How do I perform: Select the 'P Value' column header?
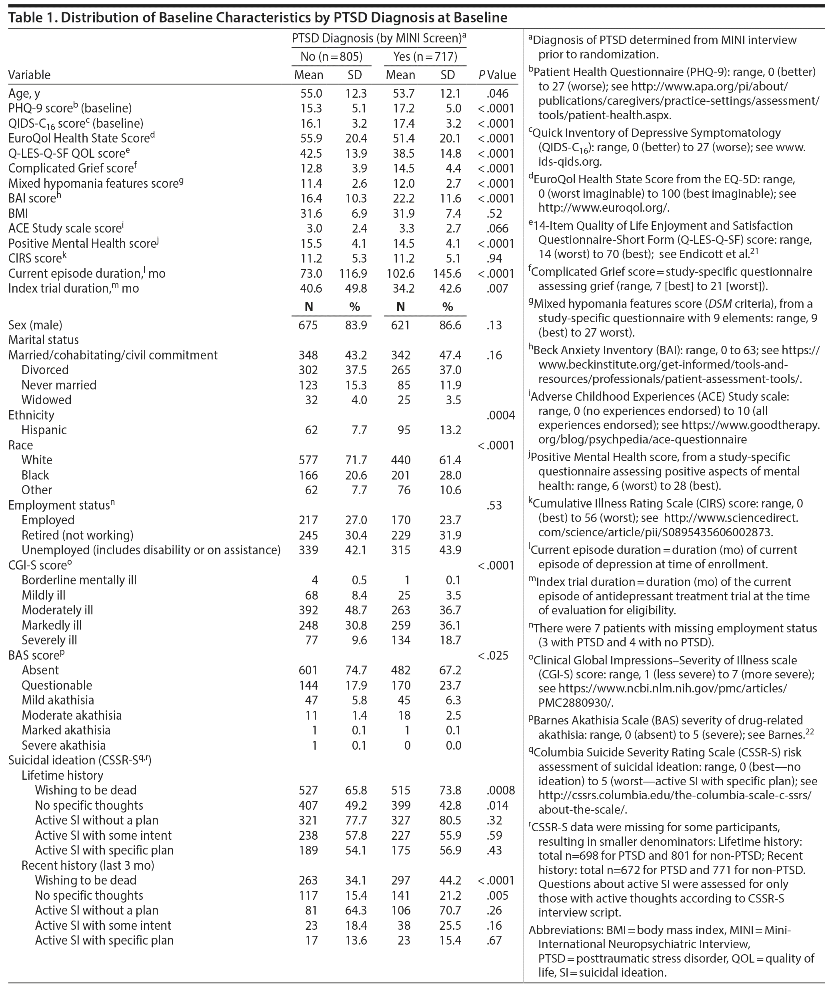pos(497,75)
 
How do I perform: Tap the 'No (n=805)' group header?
pos(332,57)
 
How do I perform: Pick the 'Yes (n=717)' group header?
pos(425,57)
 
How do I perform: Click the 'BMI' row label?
pos(18,213)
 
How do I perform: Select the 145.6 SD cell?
pos(447,273)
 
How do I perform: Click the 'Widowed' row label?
pos(46,400)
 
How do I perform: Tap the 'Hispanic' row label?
pos(44,430)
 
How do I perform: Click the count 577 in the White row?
pos(308,460)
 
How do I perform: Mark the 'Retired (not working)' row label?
pos(78,535)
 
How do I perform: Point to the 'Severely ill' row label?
pos(49,640)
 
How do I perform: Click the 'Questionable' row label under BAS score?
pos(57,685)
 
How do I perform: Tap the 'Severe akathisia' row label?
pos(64,745)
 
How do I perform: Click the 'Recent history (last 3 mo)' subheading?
pos(88,865)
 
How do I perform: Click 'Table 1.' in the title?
pos(32,18)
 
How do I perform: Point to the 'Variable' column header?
pos(29,75)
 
